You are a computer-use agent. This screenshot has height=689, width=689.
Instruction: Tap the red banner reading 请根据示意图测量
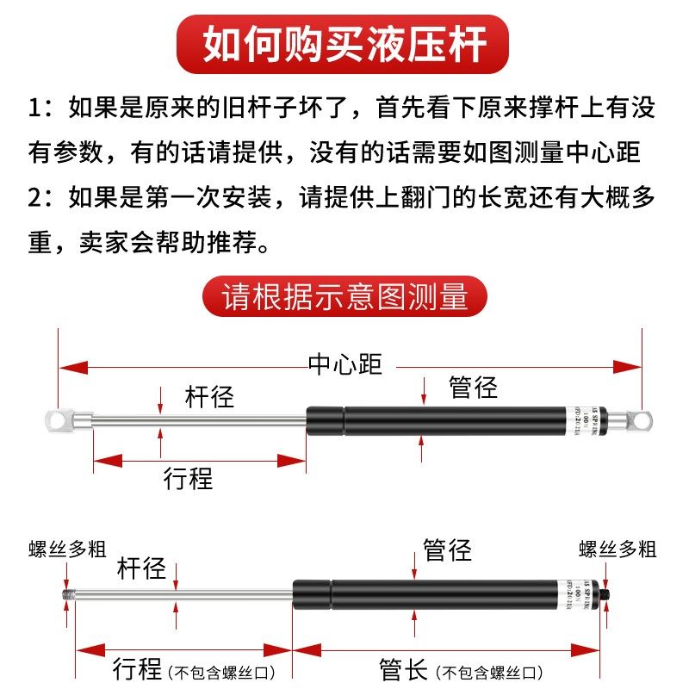click(344, 296)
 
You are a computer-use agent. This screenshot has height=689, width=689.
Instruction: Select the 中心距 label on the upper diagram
click(344, 364)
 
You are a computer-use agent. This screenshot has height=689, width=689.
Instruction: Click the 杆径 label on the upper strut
click(209, 397)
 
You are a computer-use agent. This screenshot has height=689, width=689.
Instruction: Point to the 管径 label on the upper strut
click(473, 388)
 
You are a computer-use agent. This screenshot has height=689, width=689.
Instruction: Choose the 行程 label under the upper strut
click(188, 478)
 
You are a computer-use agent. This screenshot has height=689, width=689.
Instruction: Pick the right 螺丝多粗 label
click(618, 549)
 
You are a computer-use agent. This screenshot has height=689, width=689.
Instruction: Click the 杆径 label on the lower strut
click(141, 568)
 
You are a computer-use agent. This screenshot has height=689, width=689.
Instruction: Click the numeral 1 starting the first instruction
click(34, 110)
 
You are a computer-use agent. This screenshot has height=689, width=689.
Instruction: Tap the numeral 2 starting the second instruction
click(34, 197)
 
